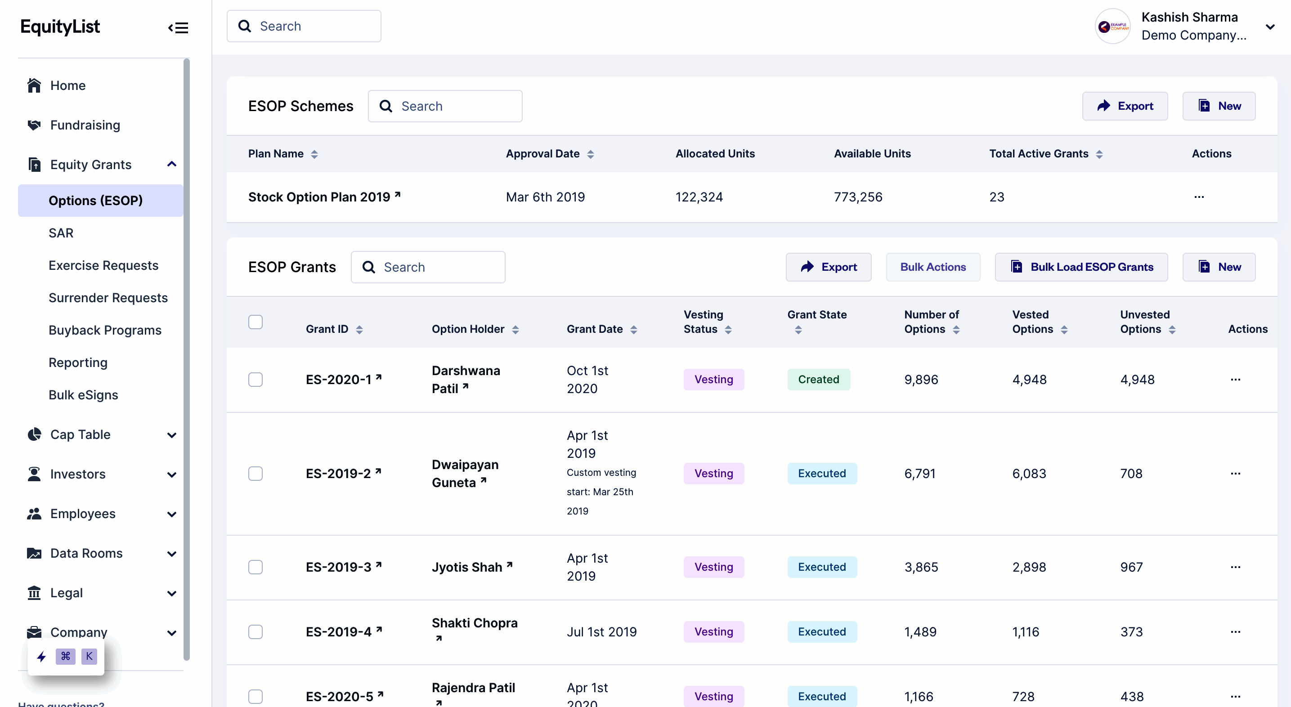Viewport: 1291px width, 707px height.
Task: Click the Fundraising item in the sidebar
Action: coord(85,125)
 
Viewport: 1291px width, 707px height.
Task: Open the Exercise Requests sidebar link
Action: coord(103,265)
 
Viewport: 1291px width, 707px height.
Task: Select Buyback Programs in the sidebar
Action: coord(105,330)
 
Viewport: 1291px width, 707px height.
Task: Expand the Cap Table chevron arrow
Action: coord(171,435)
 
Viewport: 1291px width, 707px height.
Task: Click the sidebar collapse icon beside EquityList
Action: coord(178,27)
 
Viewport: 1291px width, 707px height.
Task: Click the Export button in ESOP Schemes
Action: coord(1125,106)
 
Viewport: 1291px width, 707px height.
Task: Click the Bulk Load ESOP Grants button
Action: coord(1081,267)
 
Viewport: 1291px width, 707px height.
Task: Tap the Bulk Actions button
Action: coord(932,267)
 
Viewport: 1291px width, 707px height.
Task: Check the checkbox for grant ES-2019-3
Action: coord(256,567)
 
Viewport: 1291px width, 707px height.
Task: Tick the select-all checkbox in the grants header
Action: coord(256,322)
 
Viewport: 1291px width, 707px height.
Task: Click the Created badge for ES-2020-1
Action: coord(818,380)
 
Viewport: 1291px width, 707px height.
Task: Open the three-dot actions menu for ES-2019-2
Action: coord(1235,474)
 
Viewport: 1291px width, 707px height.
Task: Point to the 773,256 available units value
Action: coord(857,197)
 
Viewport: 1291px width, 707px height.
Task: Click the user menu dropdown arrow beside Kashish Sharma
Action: coord(1269,27)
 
